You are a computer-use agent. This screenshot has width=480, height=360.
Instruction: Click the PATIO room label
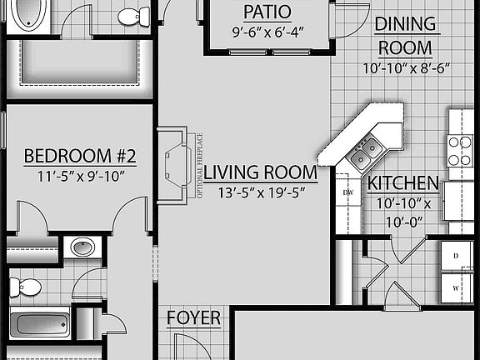pos(267,12)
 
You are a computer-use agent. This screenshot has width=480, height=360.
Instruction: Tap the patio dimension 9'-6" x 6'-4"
pos(267,34)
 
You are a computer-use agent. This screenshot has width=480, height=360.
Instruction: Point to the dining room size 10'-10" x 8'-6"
pos(405,68)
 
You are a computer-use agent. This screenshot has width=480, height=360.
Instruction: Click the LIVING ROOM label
pos(260,173)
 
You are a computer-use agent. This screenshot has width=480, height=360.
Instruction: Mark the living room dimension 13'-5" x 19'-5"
pos(260,193)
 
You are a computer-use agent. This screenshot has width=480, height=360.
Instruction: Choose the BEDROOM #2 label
pos(79,156)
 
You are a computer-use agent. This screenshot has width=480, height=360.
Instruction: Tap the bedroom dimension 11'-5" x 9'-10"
pos(79,177)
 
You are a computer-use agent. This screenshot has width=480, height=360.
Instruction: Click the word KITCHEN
pos(403,183)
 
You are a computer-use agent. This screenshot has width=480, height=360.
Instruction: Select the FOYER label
pos(194,318)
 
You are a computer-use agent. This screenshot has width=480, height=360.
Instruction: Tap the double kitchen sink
pos(366,152)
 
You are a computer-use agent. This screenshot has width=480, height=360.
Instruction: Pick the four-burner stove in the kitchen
pos(460,151)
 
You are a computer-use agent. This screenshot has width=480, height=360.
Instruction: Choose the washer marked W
pos(456,287)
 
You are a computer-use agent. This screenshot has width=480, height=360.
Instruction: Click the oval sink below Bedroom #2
pos(82,247)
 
